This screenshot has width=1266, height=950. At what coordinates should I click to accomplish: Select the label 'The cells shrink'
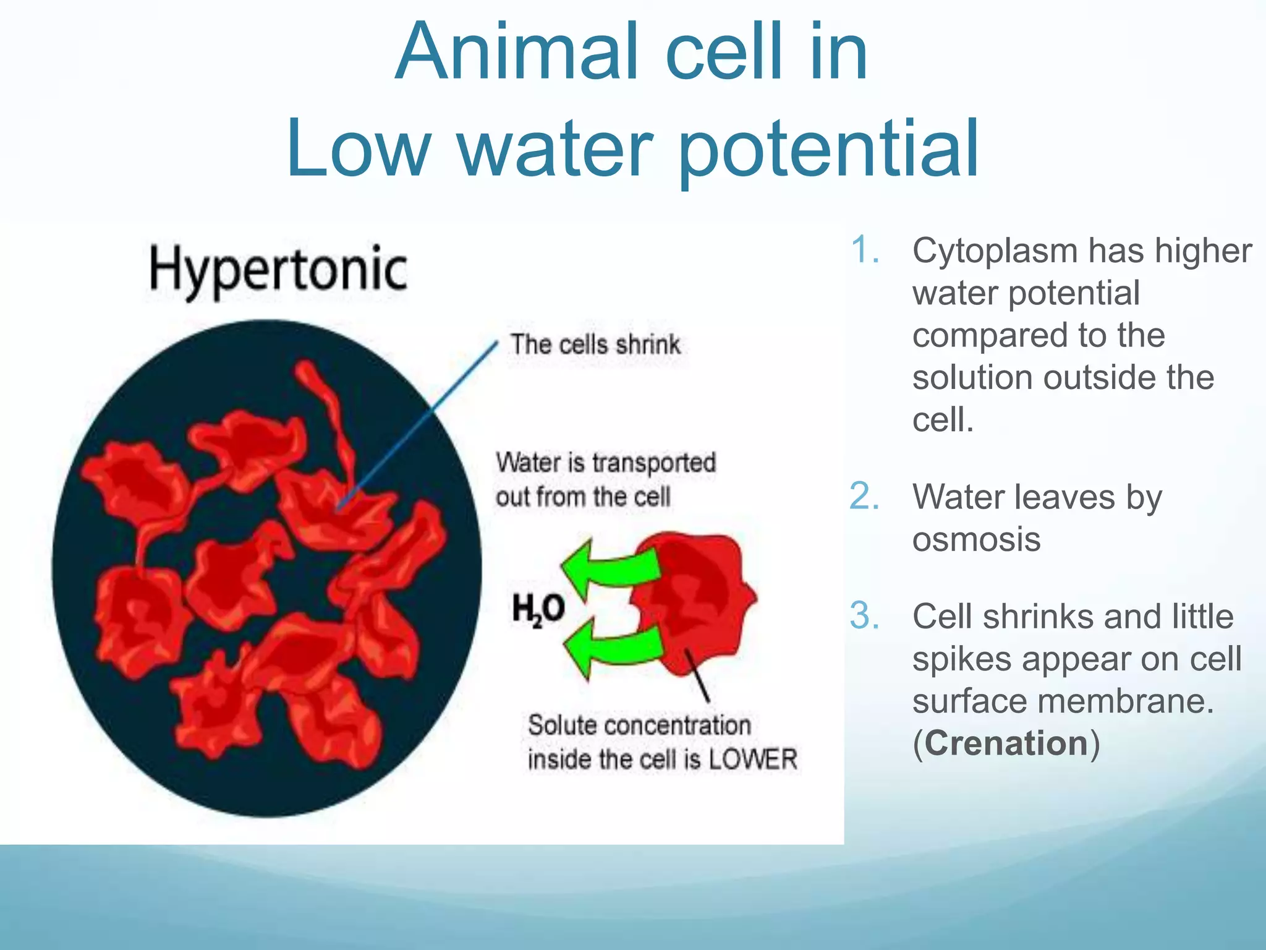pos(595,344)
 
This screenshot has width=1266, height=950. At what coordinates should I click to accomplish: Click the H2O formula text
pos(538,609)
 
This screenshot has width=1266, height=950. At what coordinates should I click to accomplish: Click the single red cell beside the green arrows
pos(699,600)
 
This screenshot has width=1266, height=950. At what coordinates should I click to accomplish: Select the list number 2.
pos(864,497)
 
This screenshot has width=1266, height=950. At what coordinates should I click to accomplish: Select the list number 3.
pos(864,616)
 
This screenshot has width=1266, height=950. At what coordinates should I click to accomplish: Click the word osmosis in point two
pos(976,539)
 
